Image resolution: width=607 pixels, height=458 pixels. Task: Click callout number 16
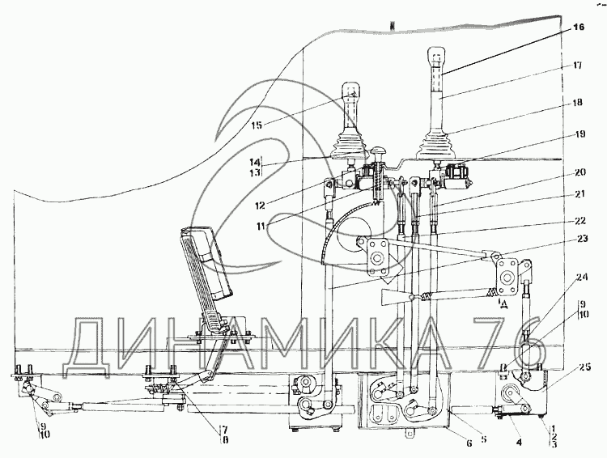pos(579,27)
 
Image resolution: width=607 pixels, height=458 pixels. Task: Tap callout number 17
pos(577,66)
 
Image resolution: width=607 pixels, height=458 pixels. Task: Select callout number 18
pos(577,103)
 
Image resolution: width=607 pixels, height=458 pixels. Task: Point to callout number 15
pos(257,125)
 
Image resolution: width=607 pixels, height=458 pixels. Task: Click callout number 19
pos(580,134)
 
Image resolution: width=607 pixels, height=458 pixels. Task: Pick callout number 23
pos(581,239)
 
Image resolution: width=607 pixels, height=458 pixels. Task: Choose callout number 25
pos(585,367)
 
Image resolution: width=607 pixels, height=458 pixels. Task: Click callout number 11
pos(261,225)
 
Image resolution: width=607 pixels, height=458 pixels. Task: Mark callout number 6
pos(469,443)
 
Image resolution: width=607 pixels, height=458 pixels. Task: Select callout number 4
pos(519,441)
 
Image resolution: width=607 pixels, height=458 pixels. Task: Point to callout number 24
pos(581,278)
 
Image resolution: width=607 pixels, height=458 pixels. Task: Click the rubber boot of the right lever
pos(436,144)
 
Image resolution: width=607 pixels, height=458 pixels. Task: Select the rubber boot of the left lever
pos(349,143)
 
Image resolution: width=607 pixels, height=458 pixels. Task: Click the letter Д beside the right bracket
pos(503,305)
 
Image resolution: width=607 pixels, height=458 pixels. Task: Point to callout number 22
pos(580,221)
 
